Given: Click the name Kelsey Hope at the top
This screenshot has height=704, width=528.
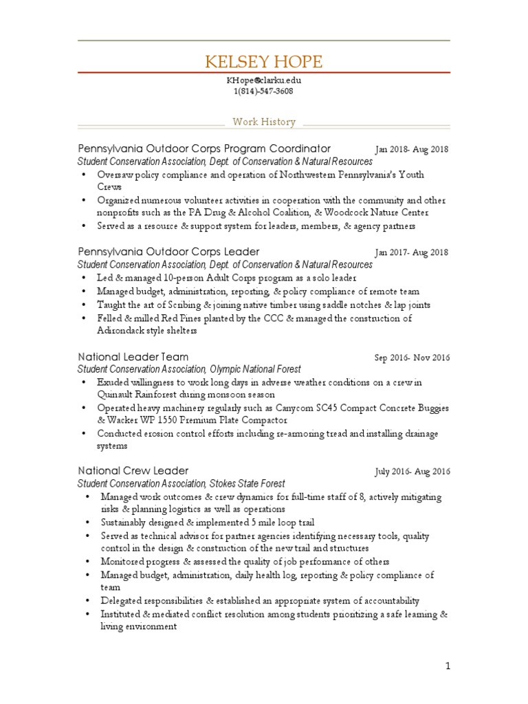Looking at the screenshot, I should click(263, 63).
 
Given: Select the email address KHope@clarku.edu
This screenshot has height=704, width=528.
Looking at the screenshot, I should click(263, 80).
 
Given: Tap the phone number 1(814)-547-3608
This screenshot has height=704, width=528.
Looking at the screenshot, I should click(263, 91).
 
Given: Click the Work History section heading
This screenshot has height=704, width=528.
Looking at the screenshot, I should click(264, 122).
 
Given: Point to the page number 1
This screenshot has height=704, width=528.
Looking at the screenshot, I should click(447, 665).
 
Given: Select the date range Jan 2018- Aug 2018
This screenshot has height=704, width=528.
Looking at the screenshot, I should click(411, 149).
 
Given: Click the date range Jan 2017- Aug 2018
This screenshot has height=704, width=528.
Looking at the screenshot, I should click(411, 252).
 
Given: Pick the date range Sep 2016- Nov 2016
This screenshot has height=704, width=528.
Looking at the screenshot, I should click(412, 357).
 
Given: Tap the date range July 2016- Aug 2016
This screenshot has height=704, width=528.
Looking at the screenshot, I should click(412, 472).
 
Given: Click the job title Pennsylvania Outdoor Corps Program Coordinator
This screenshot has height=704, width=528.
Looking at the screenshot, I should click(204, 148).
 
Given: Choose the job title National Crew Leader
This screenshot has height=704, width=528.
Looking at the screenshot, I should click(133, 471).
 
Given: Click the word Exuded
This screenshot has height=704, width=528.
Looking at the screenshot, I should click(113, 382).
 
